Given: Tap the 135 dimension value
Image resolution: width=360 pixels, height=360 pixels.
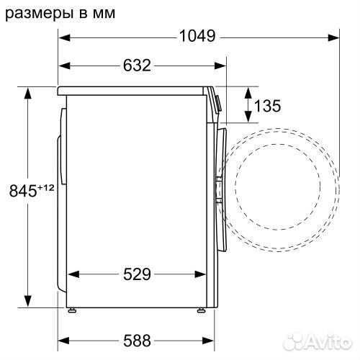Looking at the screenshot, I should coord(267,107).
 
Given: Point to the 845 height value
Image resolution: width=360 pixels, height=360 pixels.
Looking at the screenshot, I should coord(21,191).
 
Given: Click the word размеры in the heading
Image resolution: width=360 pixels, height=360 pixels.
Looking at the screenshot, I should coord(39,12).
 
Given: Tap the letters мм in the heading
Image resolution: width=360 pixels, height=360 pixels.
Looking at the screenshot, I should coord(102,12).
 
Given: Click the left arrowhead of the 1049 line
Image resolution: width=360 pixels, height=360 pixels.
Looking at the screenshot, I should coord(62,37).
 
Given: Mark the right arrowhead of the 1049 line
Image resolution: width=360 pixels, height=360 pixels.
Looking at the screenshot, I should coord(336,37).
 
